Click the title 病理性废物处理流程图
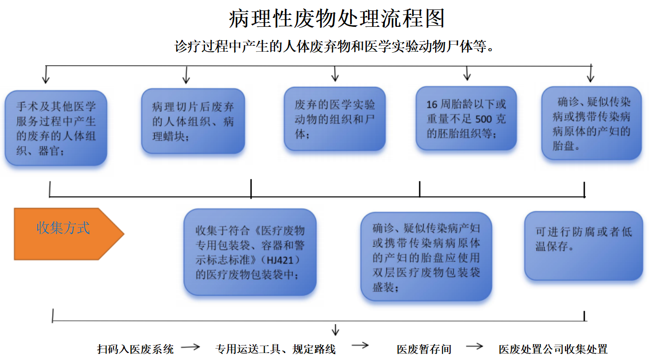click(x=337, y=18)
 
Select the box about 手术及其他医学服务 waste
click(x=56, y=128)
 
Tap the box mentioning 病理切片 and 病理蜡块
click(x=193, y=121)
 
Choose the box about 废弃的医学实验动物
click(x=335, y=119)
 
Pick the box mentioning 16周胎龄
click(x=466, y=118)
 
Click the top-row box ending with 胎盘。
click(x=591, y=123)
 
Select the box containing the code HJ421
click(x=250, y=253)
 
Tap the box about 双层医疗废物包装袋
click(x=426, y=257)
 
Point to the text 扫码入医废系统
click(x=135, y=349)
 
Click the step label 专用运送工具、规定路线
click(x=276, y=349)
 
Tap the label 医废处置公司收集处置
click(x=553, y=349)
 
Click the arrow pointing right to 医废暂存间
click(x=360, y=346)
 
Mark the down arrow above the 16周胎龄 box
click(x=466, y=74)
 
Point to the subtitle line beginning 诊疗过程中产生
click(x=334, y=47)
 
